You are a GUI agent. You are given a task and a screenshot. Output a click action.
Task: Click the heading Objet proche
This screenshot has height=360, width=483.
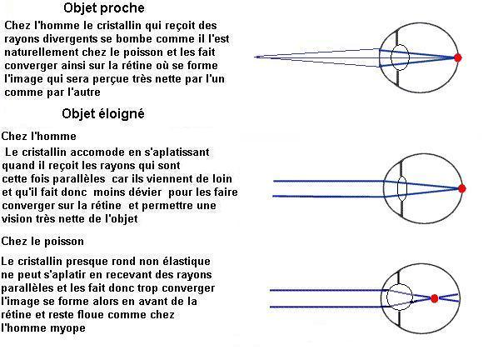point(104,8)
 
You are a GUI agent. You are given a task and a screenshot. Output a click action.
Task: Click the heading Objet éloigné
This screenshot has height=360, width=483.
point(103,113)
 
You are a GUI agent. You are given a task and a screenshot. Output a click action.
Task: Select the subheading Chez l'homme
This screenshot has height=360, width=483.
point(39,136)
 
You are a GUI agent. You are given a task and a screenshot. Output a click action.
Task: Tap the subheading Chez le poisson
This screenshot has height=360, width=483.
point(42,241)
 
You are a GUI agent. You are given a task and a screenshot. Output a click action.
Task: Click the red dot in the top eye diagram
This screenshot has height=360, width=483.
point(458,57)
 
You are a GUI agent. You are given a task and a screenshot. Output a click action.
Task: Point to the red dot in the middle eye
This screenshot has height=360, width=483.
point(461,188)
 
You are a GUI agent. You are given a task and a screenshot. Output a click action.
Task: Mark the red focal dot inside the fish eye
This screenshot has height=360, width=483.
point(435,298)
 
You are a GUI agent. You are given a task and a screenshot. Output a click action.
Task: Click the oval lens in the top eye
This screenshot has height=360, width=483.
point(400,57)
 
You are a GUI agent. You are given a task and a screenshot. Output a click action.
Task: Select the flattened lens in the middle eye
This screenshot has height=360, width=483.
point(402,188)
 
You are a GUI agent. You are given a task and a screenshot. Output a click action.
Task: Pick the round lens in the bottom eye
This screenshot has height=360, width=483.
point(400,297)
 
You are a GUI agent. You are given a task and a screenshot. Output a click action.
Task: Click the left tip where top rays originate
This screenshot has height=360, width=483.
point(255,57)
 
